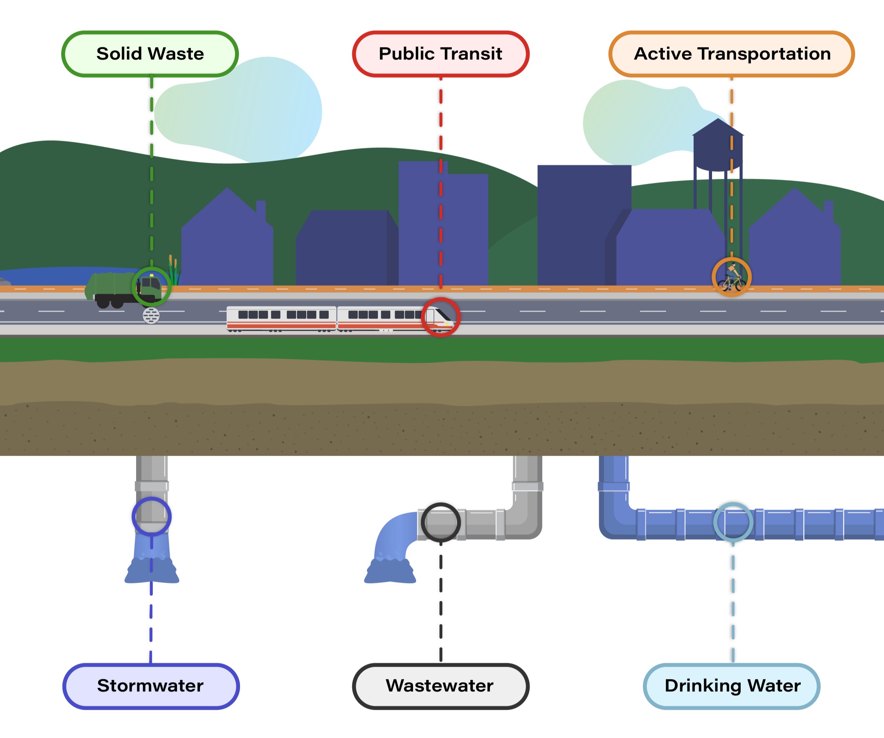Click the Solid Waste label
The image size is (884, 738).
(150, 54)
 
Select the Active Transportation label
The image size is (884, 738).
(732, 54)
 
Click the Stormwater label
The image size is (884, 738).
(151, 686)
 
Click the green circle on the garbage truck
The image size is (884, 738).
(152, 286)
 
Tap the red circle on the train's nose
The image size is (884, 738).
(441, 317)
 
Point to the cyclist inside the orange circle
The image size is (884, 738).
(732, 277)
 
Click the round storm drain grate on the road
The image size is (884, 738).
(151, 315)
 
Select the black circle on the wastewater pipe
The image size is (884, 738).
(441, 522)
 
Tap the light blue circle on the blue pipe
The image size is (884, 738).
(733, 522)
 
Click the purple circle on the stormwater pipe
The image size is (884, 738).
(152, 516)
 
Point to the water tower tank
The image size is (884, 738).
(718, 152)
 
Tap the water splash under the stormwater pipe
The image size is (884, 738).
(152, 570)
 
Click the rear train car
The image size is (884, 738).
(281, 319)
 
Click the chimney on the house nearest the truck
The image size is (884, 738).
(261, 211)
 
